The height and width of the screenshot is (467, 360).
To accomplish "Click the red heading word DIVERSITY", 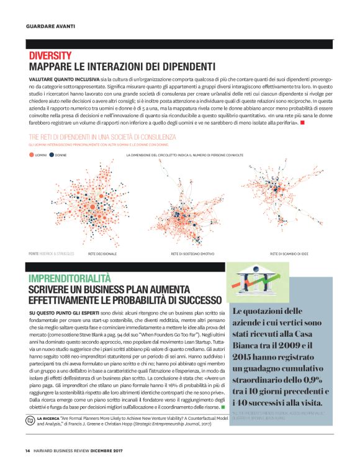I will pyautogui.click(x=50, y=56).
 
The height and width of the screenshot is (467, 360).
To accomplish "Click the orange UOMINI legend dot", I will pyautogui.click(x=31, y=154).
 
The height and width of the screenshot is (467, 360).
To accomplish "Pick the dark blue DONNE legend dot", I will pyautogui.click(x=52, y=154).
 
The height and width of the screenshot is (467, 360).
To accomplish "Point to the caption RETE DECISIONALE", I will pyautogui.click(x=102, y=254).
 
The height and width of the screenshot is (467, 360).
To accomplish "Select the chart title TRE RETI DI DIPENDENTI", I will pyautogui.click(x=102, y=136).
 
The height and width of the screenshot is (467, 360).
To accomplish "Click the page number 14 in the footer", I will pyautogui.click(x=28, y=450).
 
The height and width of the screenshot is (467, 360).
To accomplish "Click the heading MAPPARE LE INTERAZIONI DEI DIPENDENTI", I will pyautogui.click(x=122, y=67).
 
